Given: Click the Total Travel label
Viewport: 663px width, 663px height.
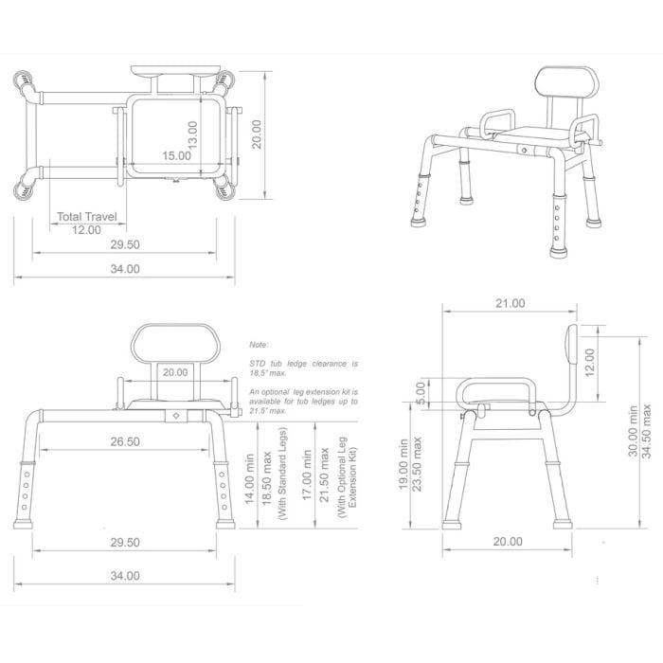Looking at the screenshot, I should click(87, 217).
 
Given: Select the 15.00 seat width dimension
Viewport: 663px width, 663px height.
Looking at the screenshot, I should click(176, 154).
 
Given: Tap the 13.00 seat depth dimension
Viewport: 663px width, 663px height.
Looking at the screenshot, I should click(192, 133).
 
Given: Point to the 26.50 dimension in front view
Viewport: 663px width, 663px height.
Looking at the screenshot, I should click(125, 441).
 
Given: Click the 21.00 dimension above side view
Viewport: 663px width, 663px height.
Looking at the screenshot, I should click(510, 303).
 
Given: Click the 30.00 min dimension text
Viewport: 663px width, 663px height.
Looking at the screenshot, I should click(632, 431).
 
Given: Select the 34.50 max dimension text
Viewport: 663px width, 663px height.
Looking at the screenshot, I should click(648, 431).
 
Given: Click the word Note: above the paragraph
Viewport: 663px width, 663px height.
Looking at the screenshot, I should click(259, 346).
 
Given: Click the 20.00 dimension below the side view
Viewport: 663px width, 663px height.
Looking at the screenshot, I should click(508, 542).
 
